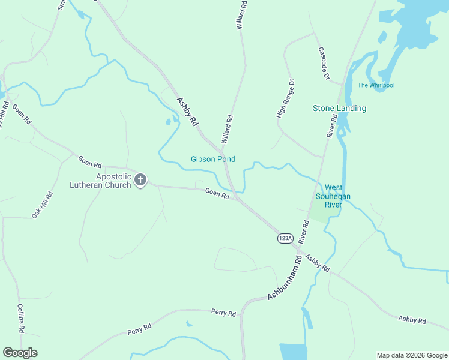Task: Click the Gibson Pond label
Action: [x=213, y=159]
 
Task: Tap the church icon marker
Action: [x=140, y=179]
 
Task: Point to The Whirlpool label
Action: [x=376, y=85]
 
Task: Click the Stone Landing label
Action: [x=339, y=109]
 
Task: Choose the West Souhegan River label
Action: [x=333, y=196]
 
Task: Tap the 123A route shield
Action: [x=285, y=238]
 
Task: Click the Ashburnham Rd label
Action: [x=284, y=279]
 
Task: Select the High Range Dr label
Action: [x=286, y=98]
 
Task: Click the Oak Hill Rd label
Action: [x=43, y=205]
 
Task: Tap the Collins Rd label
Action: [x=20, y=317]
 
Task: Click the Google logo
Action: [x=20, y=353]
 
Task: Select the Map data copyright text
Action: [x=411, y=355]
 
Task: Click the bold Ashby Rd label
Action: [x=187, y=111]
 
